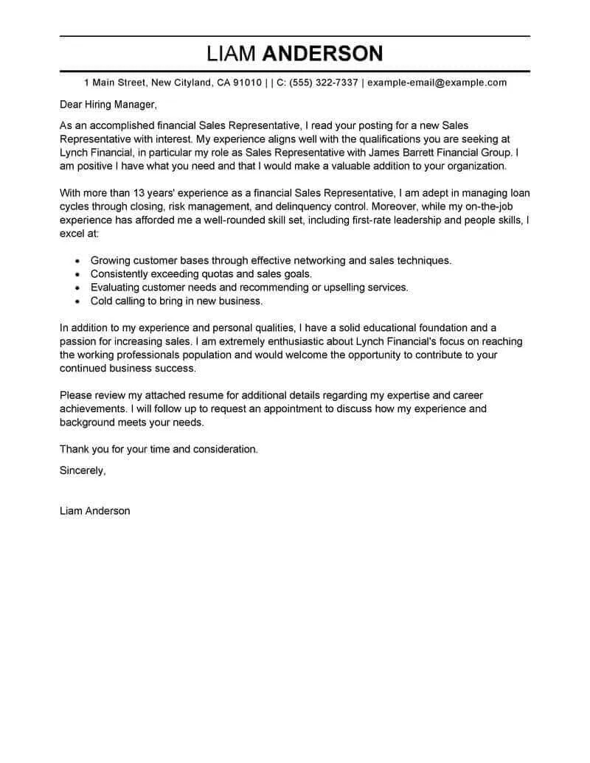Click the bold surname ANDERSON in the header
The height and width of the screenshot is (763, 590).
(x=323, y=54)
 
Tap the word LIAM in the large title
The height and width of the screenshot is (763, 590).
(x=232, y=54)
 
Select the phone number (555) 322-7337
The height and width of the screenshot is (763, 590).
(x=324, y=83)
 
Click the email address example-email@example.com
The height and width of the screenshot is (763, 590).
(x=437, y=83)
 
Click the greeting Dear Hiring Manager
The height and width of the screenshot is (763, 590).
(x=108, y=105)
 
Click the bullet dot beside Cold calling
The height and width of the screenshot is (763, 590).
(x=78, y=302)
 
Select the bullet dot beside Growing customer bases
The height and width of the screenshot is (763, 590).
(x=78, y=261)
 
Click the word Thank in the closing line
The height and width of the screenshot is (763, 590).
(x=75, y=448)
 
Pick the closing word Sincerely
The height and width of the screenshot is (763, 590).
(x=83, y=470)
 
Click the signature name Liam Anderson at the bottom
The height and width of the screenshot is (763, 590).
(x=94, y=510)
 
